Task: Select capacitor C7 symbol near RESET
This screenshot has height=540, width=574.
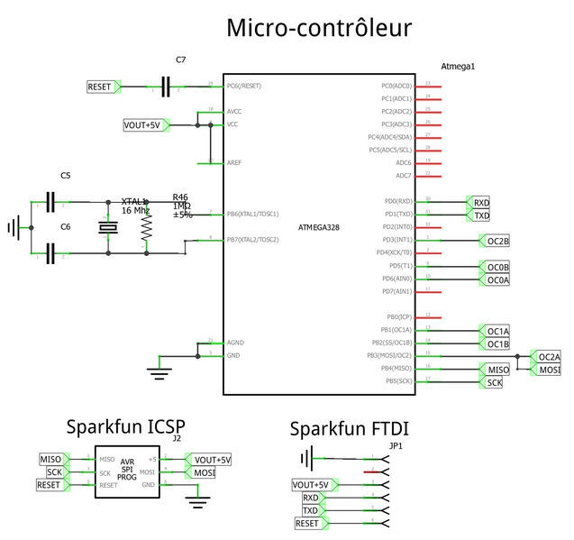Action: [165, 87]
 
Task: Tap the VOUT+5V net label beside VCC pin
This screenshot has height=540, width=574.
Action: [142, 124]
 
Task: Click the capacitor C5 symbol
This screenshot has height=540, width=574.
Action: [50, 202]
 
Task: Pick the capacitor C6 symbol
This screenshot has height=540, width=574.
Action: [50, 254]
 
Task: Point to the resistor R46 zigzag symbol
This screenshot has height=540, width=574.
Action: [145, 230]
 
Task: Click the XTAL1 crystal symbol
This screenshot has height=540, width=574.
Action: [108, 228]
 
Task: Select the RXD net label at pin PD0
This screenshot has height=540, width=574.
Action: [480, 202]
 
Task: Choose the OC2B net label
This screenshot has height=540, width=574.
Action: [497, 241]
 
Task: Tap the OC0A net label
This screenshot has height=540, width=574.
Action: [497, 279]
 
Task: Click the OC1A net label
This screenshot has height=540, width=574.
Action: [497, 331]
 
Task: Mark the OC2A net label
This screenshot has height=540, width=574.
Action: [549, 356]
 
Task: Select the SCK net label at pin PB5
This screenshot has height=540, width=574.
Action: [493, 382]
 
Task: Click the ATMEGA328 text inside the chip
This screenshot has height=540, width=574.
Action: [318, 227]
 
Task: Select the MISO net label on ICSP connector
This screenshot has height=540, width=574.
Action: [52, 459]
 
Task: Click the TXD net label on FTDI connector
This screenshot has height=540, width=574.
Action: [310, 510]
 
